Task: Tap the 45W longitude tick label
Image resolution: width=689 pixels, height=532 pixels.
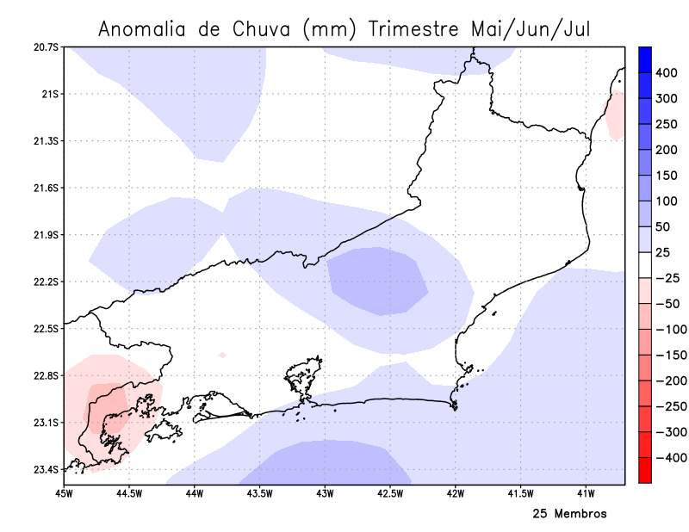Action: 63,494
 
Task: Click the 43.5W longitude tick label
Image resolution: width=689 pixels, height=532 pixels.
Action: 259,494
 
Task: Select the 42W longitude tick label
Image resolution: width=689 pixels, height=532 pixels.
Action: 456,494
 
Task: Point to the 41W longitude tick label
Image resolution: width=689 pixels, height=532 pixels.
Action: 587,494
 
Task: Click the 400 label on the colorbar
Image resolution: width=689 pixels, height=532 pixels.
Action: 667,74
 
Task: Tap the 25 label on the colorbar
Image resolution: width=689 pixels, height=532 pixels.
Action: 663,253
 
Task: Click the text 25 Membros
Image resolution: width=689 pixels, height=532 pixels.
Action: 569,514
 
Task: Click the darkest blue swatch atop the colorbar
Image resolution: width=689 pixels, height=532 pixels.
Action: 644,59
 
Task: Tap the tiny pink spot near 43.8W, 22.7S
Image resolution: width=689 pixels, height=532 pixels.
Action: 222,355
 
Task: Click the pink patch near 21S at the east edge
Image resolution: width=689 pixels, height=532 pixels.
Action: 616,115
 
